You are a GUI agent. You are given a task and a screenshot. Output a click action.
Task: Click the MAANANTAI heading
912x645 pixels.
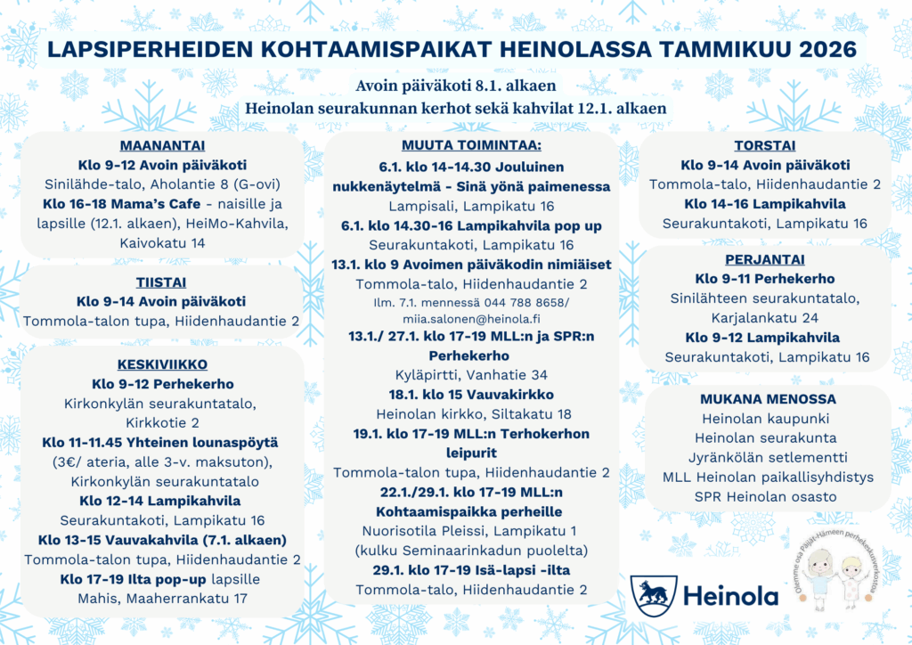(161, 146)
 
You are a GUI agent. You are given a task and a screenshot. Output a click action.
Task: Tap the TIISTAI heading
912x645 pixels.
(161, 282)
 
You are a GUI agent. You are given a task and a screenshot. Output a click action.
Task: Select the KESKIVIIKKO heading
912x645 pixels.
(162, 363)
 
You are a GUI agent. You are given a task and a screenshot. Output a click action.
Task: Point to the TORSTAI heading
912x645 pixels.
(765, 146)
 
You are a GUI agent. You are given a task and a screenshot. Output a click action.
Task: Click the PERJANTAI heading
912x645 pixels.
(765, 259)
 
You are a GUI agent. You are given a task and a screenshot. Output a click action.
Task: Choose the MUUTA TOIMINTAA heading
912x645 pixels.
(471, 145)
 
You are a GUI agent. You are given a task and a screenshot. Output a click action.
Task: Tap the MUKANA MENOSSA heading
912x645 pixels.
(765, 399)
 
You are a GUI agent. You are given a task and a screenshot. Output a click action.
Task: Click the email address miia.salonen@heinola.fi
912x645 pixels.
(471, 318)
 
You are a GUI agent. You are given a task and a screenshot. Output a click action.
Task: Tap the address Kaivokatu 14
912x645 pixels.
(161, 242)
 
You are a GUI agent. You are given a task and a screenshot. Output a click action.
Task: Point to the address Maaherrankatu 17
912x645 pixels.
(161, 599)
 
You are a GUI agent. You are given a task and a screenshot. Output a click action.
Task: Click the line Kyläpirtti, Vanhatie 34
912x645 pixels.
(471, 375)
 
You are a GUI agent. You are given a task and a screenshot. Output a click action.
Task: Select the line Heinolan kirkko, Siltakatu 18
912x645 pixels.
(471, 414)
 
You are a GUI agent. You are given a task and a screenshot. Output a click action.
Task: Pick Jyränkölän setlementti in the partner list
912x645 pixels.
(765, 457)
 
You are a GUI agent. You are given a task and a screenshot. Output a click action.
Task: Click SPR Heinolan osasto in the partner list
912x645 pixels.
(765, 496)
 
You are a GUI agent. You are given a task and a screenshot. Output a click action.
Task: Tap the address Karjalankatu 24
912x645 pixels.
(765, 318)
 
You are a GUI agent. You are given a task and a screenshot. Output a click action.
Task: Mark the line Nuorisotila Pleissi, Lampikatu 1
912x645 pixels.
(471, 531)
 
